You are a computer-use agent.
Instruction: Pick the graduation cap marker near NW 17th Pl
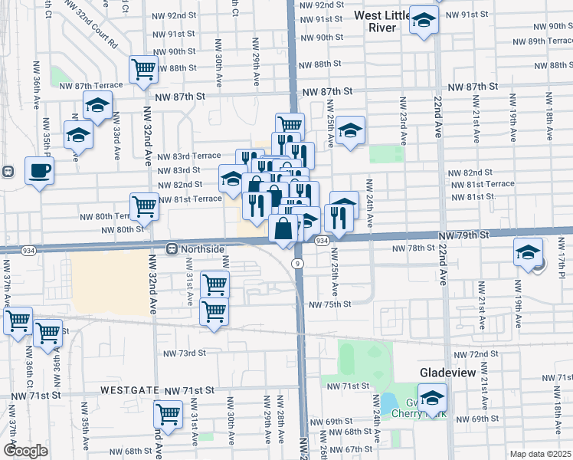click(528, 251)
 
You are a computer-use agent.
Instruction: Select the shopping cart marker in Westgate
click(168, 414)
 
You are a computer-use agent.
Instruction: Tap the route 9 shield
click(296, 263)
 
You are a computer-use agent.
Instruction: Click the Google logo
click(25, 451)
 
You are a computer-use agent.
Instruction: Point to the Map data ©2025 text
click(539, 454)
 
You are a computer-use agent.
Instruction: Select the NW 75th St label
click(329, 304)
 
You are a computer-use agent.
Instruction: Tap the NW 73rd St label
click(185, 353)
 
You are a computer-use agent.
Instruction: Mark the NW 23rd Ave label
click(400, 120)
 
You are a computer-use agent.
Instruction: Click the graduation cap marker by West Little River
click(423, 21)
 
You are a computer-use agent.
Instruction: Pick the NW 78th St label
click(413, 248)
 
